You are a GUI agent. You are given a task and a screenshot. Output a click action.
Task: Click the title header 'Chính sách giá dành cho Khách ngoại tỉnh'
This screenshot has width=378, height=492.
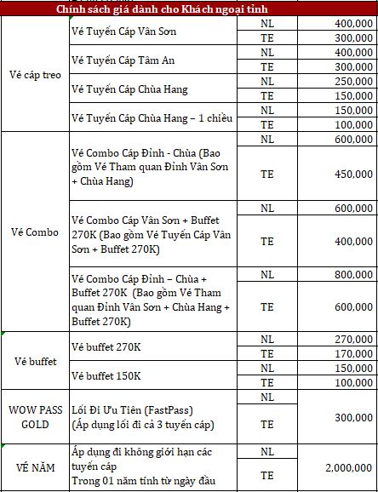pos(189,9)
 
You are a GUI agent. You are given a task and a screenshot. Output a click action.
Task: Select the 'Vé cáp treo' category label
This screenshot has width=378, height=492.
pos(34,74)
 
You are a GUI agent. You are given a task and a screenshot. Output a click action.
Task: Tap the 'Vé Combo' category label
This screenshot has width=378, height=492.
pos(34,231)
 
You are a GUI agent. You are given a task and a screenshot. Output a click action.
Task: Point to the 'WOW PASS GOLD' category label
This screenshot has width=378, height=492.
pos(34,417)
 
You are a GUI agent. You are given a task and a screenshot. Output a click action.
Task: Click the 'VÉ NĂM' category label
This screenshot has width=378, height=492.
pos(34,467)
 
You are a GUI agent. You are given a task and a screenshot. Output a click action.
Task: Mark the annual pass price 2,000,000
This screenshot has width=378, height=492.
pos(349,468)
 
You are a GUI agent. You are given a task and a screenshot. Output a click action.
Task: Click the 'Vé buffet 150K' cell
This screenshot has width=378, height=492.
pos(106,375)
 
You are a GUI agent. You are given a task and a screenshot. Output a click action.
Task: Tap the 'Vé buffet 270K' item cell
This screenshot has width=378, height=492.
pos(106,346)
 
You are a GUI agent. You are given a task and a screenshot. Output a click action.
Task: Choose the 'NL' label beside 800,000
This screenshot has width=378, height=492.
pos(266,275)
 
